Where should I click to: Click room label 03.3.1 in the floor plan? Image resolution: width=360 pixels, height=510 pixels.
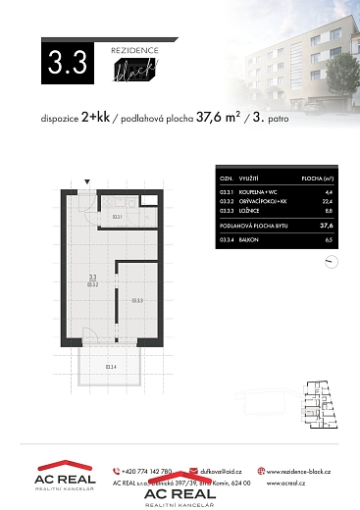[116, 216]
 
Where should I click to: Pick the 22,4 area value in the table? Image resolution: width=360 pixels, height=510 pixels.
[329, 201]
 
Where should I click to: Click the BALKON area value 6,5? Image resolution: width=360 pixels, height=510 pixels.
[330, 238]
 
